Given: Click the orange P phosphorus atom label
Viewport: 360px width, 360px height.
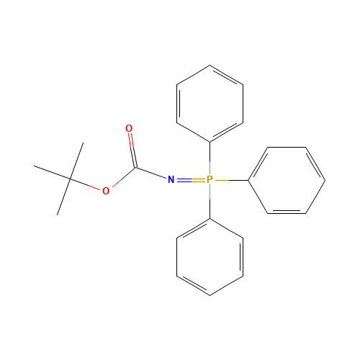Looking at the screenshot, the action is click(x=210, y=179).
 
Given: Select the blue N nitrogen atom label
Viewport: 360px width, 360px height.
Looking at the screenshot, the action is click(x=171, y=179).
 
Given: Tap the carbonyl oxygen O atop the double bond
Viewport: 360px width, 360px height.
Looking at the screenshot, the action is click(x=129, y=129).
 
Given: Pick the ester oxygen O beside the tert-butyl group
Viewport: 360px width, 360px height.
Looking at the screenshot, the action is click(x=106, y=191).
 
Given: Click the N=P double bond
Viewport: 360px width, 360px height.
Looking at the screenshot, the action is click(x=190, y=179).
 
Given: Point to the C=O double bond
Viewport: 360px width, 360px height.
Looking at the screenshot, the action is click(x=131, y=149).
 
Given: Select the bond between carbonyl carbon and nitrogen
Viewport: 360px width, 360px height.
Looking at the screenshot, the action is click(x=150, y=174).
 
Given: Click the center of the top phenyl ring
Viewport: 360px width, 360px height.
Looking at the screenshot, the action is click(x=210, y=104).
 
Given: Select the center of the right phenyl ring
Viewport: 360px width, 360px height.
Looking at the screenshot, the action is click(x=287, y=180).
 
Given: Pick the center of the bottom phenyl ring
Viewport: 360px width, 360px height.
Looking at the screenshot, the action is click(x=210, y=257).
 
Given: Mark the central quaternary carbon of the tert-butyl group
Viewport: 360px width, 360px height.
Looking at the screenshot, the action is click(x=71, y=179).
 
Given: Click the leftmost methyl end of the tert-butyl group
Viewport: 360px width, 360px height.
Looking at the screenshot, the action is click(x=35, y=166).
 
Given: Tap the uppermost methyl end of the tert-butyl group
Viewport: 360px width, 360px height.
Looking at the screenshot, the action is click(x=83, y=143).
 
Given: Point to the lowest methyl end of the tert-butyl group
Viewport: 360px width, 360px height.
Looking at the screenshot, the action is click(x=58, y=214).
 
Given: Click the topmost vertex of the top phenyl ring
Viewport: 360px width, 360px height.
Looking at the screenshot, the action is click(x=210, y=66).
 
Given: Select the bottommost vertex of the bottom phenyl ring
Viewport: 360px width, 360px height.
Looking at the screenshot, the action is click(x=210, y=295).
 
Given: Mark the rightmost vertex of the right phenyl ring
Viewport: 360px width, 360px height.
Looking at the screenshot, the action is click(x=325, y=180).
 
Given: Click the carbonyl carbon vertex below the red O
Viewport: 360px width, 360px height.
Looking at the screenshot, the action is click(x=134, y=169).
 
